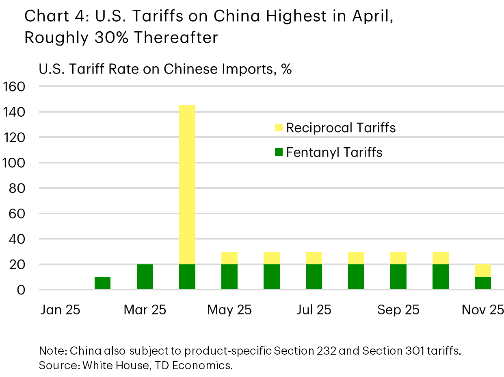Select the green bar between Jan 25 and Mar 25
point(102,283)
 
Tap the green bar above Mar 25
point(145,277)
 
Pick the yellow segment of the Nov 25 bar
point(483,270)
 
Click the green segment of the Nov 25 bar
point(483,283)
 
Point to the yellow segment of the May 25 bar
point(229,258)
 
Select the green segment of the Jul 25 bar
point(314,277)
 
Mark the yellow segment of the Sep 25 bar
point(398,258)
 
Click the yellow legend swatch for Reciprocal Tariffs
point(279,128)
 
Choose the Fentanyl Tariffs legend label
point(334,153)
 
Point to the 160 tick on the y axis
point(14,87)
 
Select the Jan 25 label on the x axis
point(60,310)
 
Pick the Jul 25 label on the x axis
point(314,310)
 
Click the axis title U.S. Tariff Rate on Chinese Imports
point(165,69)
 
